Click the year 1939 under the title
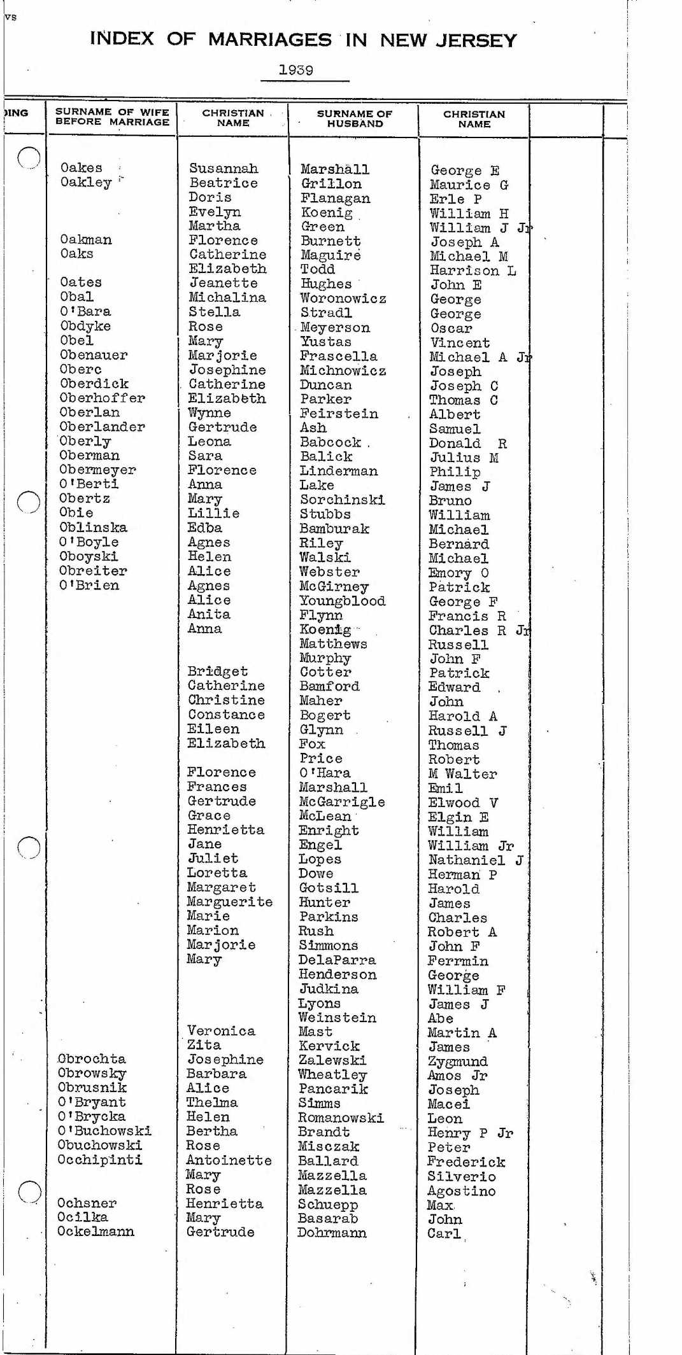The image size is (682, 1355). [x=295, y=70]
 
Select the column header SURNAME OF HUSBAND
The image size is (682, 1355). [x=355, y=119]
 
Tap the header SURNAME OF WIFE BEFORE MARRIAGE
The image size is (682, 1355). [x=112, y=116]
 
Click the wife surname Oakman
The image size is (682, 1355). [x=86, y=240]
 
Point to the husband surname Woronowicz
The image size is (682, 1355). [x=343, y=298]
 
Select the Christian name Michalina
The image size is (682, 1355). [x=227, y=298]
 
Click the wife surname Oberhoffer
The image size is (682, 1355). [x=103, y=398]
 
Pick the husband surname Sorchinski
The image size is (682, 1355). [x=343, y=500]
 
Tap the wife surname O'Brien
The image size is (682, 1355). [x=89, y=586]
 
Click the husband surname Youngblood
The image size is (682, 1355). [x=343, y=601]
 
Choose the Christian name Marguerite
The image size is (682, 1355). [x=229, y=902]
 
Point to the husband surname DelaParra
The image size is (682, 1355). [x=337, y=960]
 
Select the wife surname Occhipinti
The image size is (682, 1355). [x=100, y=1160]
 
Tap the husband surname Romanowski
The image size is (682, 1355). [x=341, y=1118]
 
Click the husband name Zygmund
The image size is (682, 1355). [x=458, y=1062]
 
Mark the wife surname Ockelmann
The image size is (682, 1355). [x=96, y=1232]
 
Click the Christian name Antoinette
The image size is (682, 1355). [x=229, y=1160]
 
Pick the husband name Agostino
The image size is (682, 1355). [x=461, y=1191]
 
